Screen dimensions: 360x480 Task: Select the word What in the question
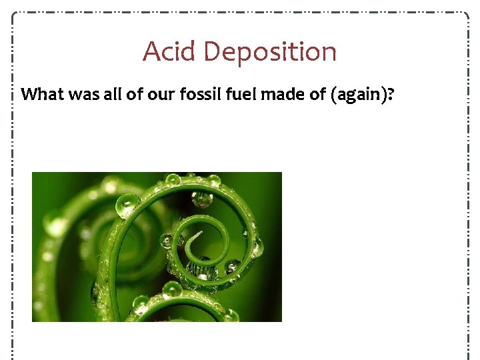click(x=41, y=94)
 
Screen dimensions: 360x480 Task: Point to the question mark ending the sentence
click(x=389, y=94)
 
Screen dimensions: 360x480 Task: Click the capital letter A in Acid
click(x=151, y=51)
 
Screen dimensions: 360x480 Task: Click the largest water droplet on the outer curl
click(x=127, y=205)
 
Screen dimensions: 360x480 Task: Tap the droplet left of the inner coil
click(x=167, y=241)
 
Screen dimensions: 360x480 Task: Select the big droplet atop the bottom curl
click(x=172, y=289)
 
